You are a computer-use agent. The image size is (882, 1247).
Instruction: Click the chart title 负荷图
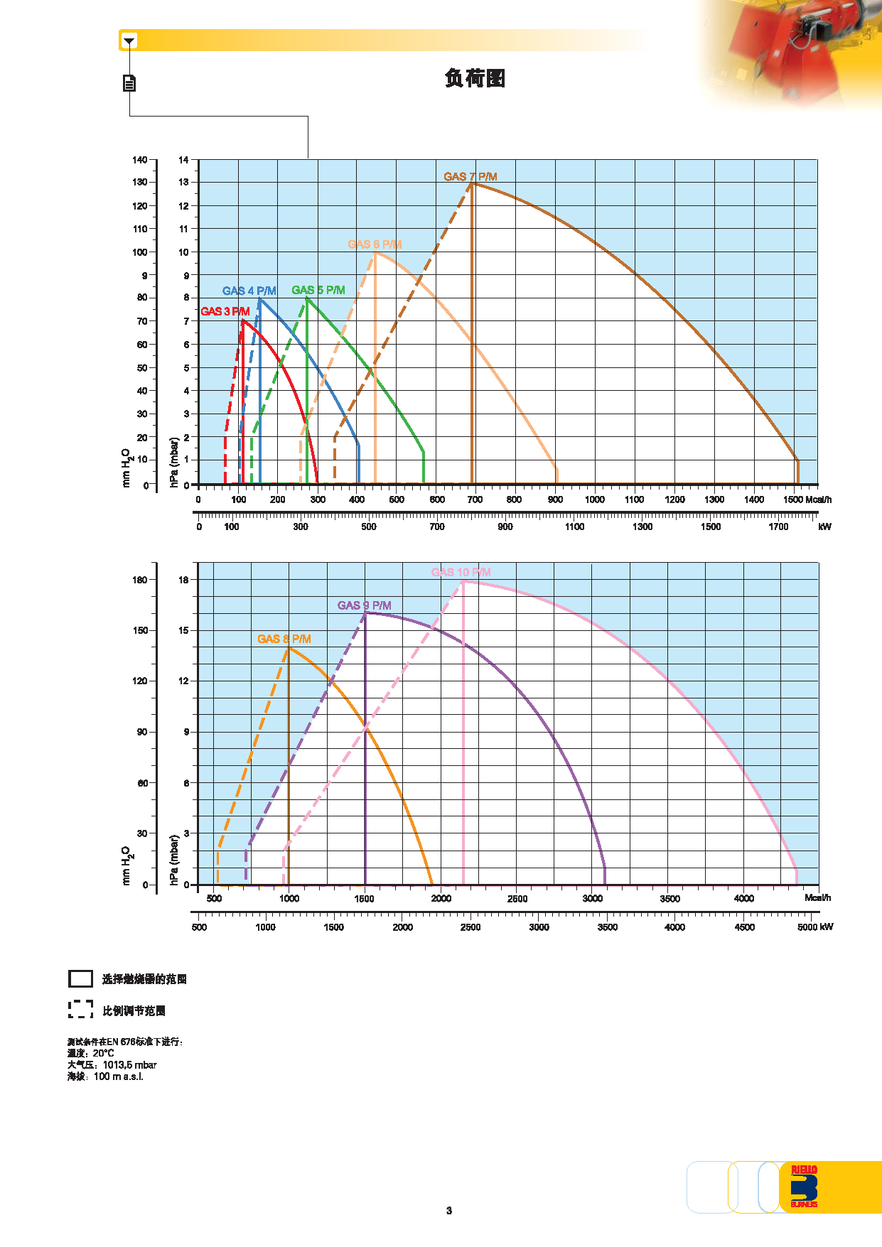(475, 78)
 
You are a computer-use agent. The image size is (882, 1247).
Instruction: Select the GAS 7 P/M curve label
(470, 176)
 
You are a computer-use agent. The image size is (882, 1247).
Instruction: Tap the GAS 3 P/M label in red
(225, 311)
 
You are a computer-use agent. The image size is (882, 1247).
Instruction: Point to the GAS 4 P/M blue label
(249, 291)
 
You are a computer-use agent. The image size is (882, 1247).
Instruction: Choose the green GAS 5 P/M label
(318, 290)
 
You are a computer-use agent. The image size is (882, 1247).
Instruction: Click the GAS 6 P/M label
(375, 244)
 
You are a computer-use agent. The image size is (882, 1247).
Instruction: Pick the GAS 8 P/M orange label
(284, 639)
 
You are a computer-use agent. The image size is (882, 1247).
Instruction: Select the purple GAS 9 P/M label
(364, 605)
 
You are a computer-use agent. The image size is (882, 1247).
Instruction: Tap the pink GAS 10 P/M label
(461, 572)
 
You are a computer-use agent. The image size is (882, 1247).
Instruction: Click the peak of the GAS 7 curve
(471, 183)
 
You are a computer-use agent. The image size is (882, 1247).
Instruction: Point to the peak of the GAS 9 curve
(365, 612)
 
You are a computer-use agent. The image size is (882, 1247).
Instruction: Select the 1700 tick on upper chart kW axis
(778, 527)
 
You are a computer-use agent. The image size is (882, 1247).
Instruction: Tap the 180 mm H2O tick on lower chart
(140, 580)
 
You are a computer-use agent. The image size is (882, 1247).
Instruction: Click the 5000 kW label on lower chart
(814, 927)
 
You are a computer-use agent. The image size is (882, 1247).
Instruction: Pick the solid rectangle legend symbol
(80, 979)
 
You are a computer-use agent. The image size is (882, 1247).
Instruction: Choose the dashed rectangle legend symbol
(80, 1010)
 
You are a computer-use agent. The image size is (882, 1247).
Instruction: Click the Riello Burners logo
(804, 1187)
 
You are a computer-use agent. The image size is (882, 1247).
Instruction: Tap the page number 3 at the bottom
(448, 1211)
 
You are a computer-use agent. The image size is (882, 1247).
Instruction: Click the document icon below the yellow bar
(129, 83)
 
